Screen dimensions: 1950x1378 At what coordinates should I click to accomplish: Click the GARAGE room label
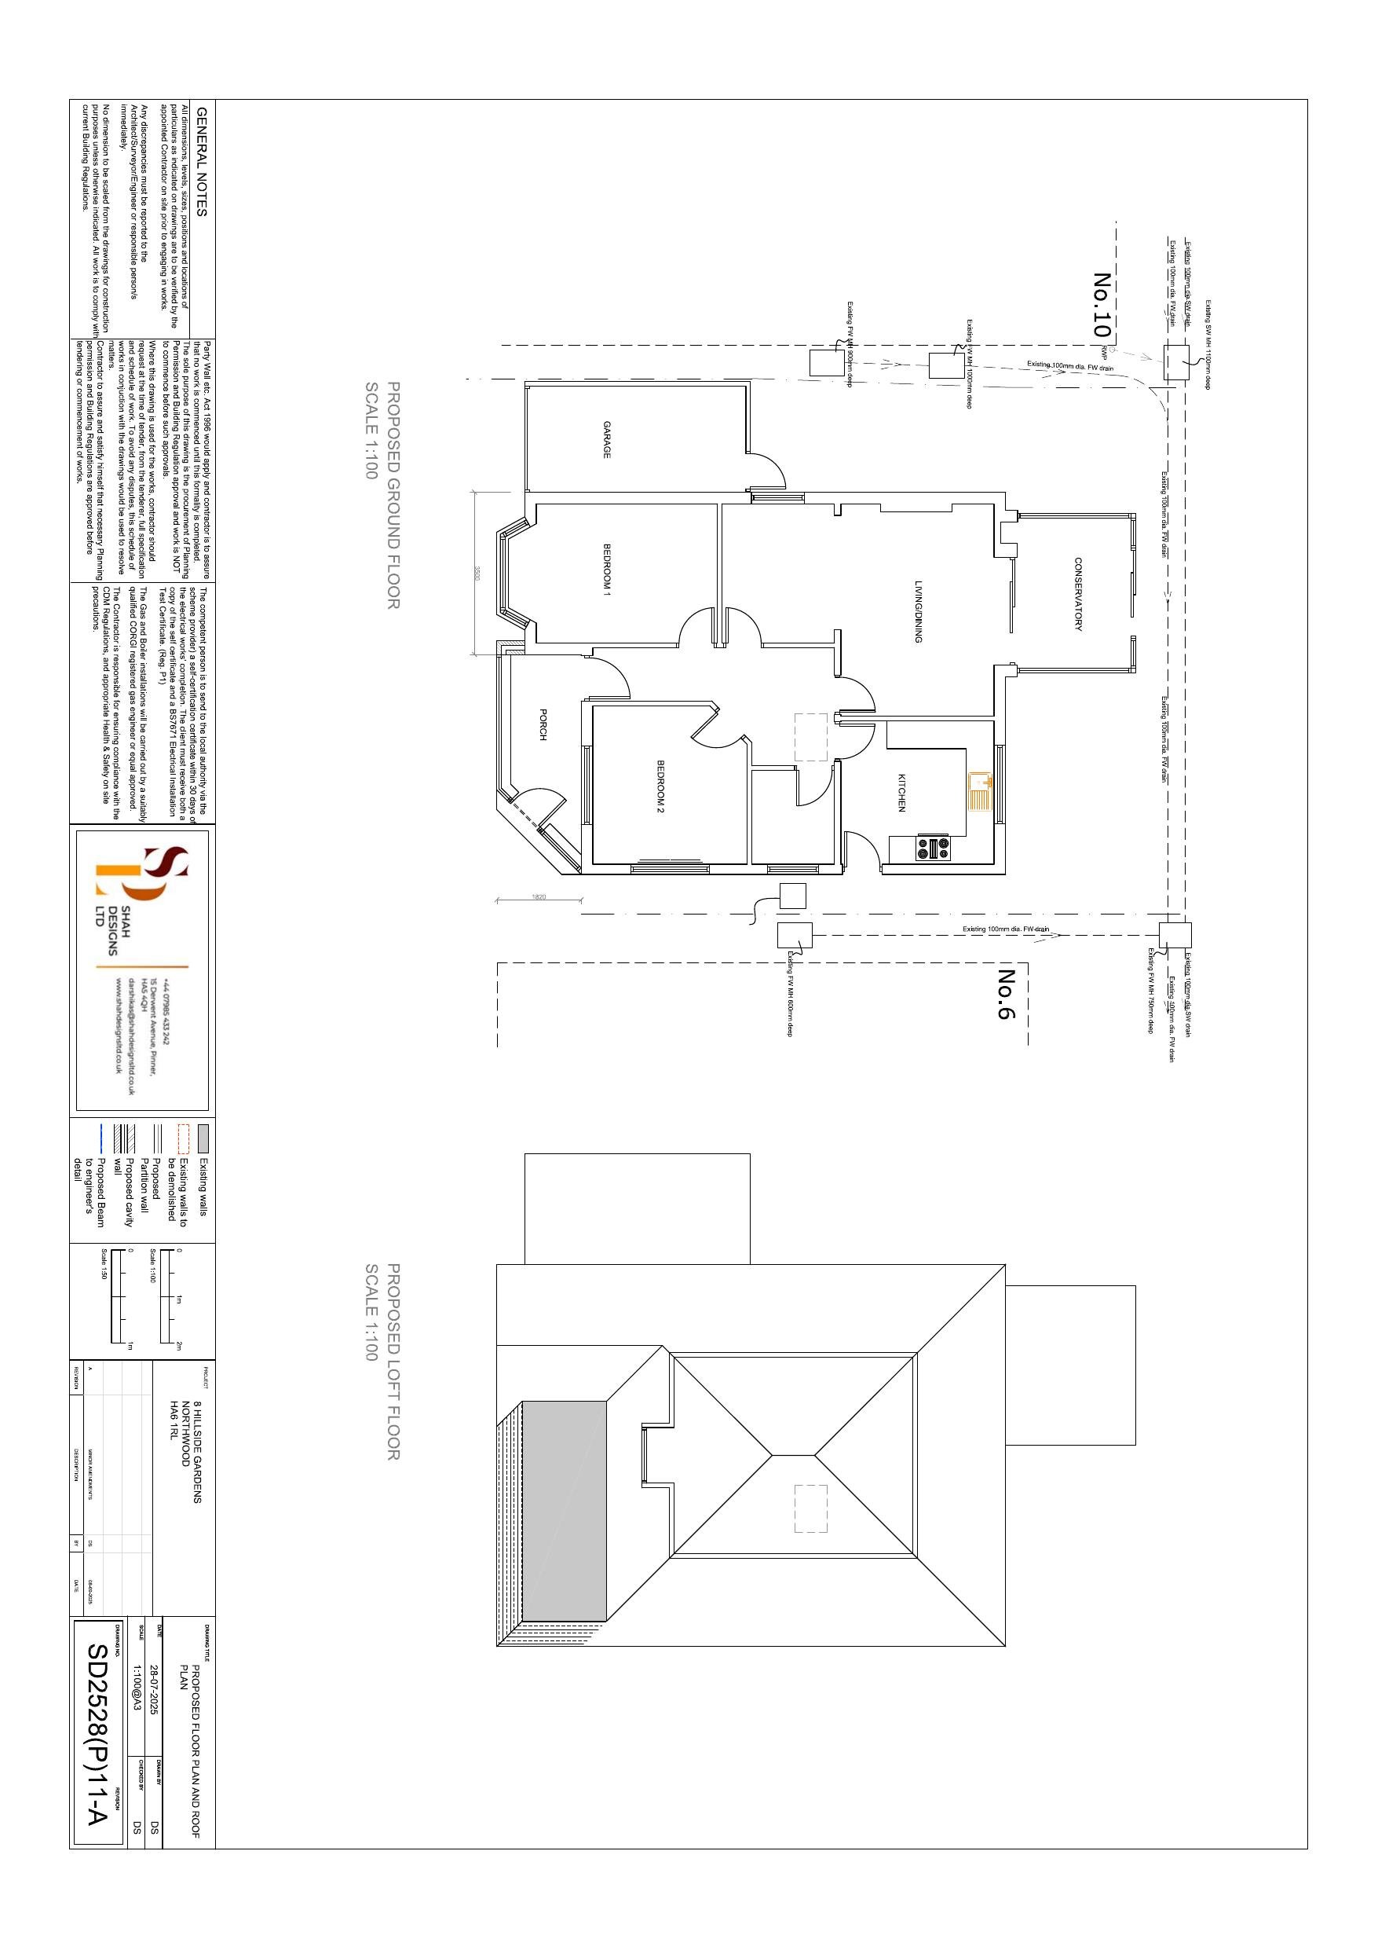[606, 440]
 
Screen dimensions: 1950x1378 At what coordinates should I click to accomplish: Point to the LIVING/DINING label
[918, 611]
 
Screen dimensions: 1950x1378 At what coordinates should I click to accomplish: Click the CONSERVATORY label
[1077, 594]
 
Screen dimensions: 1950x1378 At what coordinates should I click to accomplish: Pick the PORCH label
[543, 724]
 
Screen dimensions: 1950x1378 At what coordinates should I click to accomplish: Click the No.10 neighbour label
[1102, 305]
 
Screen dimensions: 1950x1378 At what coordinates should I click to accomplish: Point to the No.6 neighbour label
[1006, 994]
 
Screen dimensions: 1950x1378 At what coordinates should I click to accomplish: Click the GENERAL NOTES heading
[201, 161]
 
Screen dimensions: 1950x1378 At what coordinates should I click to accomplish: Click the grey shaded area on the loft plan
[564, 1511]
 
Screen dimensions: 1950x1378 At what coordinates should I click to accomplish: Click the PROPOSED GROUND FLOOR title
[383, 494]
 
